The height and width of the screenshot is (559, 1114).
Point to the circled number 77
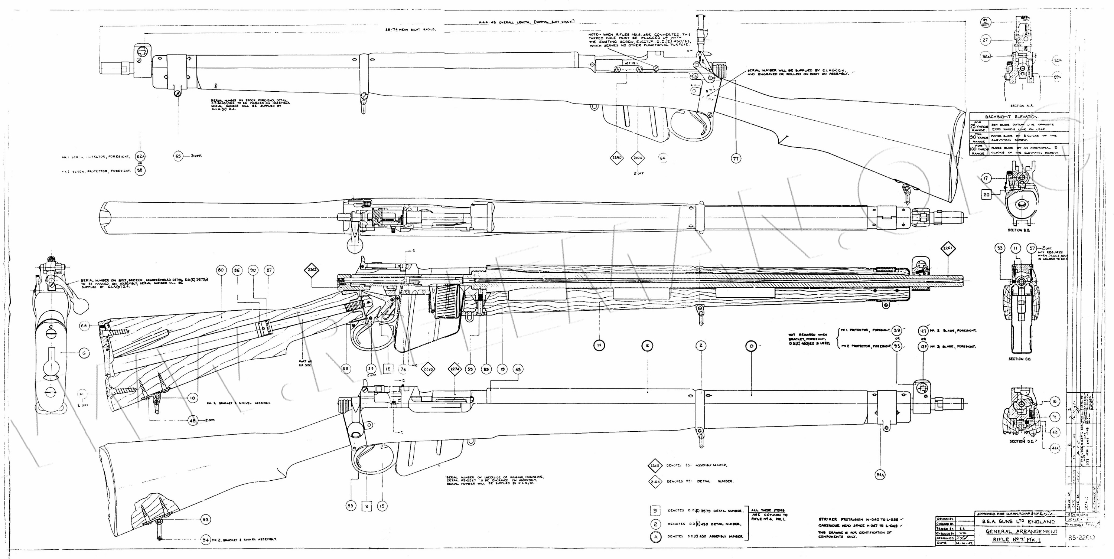736,158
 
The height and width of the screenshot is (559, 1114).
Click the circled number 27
994,40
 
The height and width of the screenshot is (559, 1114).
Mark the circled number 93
205,519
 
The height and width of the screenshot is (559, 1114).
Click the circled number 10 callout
192,398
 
